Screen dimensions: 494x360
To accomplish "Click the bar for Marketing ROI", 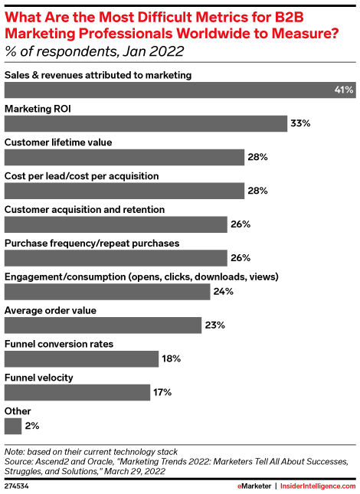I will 144,123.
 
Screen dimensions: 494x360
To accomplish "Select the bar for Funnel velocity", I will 77,393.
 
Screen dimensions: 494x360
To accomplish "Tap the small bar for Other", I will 13,426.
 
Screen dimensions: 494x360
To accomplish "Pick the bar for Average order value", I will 103,326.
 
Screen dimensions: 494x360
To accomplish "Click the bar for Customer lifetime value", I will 124,157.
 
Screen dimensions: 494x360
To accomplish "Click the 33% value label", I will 299,123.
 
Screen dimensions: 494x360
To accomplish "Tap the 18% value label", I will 171,359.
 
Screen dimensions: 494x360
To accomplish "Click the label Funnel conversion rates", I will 60,344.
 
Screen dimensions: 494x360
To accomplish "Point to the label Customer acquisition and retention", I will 85,209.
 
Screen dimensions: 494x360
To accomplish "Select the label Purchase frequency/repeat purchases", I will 92,243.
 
